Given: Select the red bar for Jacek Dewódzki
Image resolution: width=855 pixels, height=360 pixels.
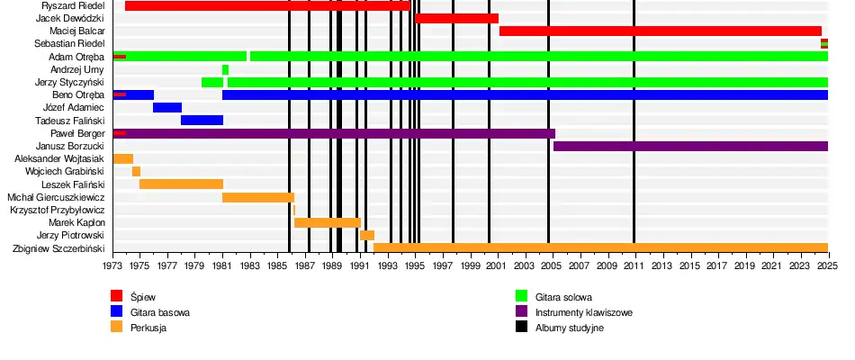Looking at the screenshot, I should pyautogui.click(x=456, y=18).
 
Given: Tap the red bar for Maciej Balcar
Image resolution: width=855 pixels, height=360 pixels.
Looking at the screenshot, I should pyautogui.click(x=660, y=31).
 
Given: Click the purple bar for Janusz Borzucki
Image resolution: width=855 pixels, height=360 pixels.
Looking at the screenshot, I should pyautogui.click(x=690, y=146).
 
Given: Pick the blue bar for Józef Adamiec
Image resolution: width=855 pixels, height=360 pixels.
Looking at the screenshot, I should pyautogui.click(x=167, y=107).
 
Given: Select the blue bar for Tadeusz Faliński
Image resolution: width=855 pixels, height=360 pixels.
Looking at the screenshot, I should pyautogui.click(x=202, y=120).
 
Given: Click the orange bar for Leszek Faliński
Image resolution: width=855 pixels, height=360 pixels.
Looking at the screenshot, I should pyautogui.click(x=181, y=184).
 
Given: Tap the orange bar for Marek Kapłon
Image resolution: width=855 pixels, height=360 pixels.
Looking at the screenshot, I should pyautogui.click(x=327, y=222).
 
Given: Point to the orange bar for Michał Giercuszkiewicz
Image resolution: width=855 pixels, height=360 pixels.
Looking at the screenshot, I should pyautogui.click(x=257, y=197).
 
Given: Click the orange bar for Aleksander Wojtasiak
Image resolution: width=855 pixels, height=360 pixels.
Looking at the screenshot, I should pyautogui.click(x=122, y=158).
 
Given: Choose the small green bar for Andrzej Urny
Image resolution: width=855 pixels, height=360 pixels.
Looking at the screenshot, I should pyautogui.click(x=225, y=69).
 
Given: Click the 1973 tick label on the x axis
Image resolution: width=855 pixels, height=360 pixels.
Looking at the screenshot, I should pyautogui.click(x=112, y=265).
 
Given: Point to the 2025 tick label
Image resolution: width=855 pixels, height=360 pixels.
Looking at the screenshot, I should pyautogui.click(x=828, y=265).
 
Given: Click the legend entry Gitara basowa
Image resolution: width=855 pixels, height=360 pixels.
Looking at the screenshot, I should pyautogui.click(x=160, y=312).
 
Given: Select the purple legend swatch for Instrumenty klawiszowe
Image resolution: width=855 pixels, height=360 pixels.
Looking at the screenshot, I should pyautogui.click(x=521, y=312).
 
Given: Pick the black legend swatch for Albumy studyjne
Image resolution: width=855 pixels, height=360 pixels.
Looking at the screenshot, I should pyautogui.click(x=521, y=328).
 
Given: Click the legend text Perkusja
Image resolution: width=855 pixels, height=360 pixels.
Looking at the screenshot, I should pyautogui.click(x=148, y=328).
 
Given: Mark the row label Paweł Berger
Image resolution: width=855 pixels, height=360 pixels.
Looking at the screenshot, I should pyautogui.click(x=77, y=133).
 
